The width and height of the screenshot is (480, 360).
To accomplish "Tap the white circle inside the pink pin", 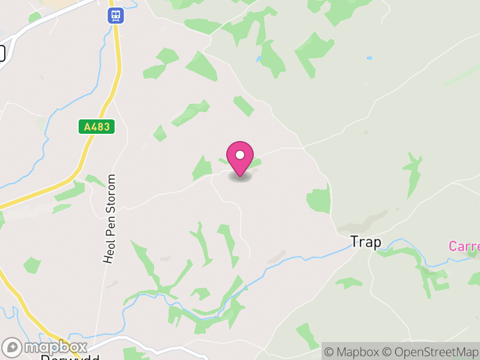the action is tap(240, 155).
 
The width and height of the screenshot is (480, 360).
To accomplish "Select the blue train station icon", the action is tap(116, 15).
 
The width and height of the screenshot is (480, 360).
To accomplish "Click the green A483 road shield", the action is tap(96, 127).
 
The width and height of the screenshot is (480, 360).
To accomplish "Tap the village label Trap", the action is tap(365, 242).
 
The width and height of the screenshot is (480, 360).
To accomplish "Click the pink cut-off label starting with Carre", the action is tap(464, 246).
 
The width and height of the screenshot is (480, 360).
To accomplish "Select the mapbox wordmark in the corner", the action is tap(54, 347).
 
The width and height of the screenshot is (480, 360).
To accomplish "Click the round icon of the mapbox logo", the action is tap(12, 347).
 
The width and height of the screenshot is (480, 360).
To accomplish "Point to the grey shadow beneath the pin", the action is tap(240, 176).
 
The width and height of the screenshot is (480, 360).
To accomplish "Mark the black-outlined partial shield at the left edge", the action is tap(2, 53).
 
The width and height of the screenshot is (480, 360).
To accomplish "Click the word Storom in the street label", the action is tap(110, 194).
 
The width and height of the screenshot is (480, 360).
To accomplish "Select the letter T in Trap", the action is tap(354, 242).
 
